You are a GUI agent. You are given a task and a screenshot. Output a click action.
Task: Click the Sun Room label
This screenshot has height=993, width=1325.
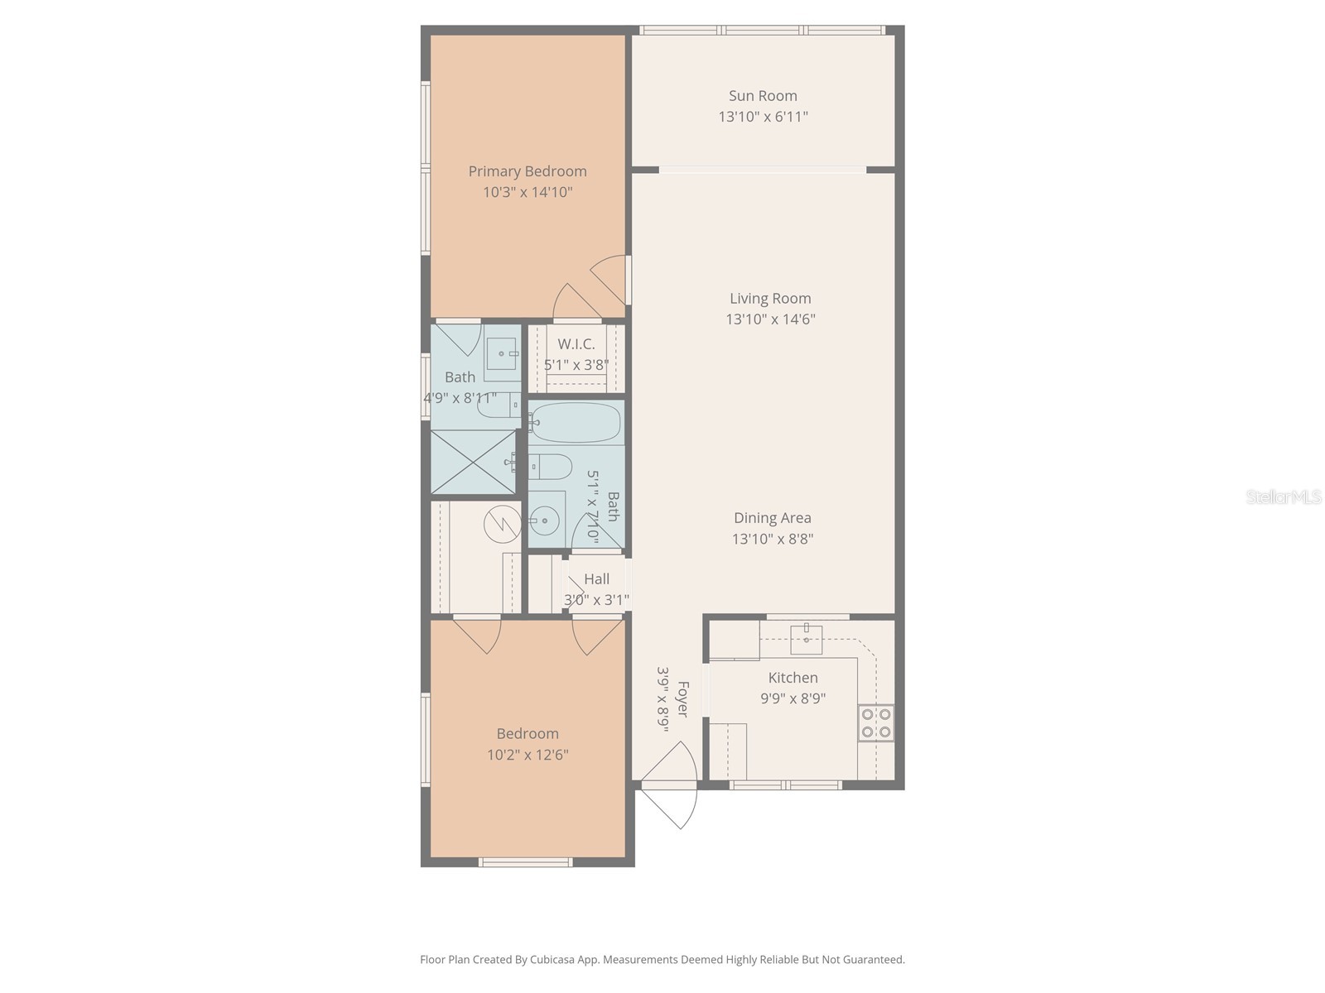(763, 96)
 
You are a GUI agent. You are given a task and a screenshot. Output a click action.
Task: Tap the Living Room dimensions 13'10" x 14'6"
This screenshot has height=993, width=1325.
(770, 319)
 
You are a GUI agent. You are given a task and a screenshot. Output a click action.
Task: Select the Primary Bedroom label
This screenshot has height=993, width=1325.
(528, 171)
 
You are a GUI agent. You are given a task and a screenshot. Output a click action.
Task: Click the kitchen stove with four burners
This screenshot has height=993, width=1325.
(876, 722)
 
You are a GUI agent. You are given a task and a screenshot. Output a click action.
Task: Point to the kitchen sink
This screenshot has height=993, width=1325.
(806, 636)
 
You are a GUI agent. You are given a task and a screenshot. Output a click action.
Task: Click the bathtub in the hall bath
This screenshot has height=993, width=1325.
(576, 423)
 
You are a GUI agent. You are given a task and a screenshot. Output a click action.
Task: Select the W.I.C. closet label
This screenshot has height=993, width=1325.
(576, 344)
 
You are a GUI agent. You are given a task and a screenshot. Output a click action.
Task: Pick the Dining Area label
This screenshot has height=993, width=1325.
(772, 518)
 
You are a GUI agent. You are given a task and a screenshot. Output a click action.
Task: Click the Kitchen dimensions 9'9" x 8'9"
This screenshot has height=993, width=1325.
(793, 698)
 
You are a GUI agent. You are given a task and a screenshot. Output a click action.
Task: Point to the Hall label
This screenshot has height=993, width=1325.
(596, 579)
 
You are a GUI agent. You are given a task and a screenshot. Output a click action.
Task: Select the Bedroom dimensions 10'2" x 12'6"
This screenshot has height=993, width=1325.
(528, 755)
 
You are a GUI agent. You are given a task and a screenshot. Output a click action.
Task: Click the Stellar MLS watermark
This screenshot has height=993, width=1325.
(1283, 497)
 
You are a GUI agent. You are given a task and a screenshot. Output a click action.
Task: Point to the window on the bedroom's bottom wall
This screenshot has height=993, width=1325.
(526, 862)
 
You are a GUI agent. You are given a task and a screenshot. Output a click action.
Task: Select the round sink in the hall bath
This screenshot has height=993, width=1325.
(544, 521)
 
